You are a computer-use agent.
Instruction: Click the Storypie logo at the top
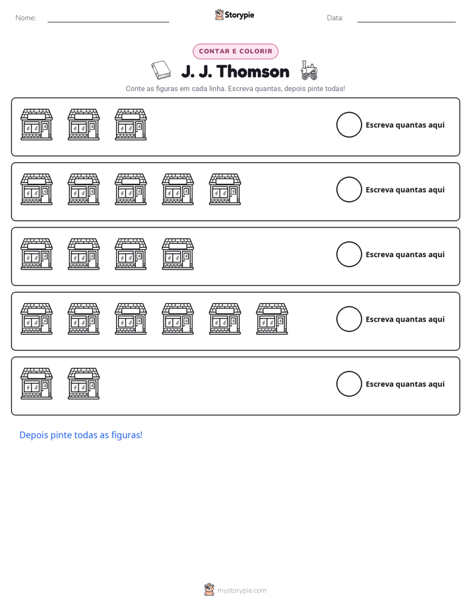(x=234, y=14)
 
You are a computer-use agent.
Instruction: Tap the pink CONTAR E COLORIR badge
(x=235, y=51)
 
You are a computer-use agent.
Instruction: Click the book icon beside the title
(x=161, y=71)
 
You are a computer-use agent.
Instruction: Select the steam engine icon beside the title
(x=309, y=71)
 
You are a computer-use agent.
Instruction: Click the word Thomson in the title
(x=253, y=71)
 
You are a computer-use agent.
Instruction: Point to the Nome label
(x=26, y=18)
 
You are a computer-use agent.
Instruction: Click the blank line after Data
(x=406, y=22)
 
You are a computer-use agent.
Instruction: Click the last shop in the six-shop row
(x=272, y=319)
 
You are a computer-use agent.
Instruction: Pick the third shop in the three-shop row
(x=131, y=125)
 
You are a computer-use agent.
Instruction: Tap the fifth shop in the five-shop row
(x=225, y=189)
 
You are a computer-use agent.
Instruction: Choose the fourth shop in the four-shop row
(x=178, y=254)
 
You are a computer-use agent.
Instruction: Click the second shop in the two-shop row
(x=84, y=384)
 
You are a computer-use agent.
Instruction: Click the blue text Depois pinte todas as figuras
(x=81, y=435)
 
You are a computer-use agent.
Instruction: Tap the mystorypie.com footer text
(x=241, y=591)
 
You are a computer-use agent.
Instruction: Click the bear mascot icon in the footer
(x=209, y=590)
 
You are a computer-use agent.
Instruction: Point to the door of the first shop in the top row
(x=45, y=130)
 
